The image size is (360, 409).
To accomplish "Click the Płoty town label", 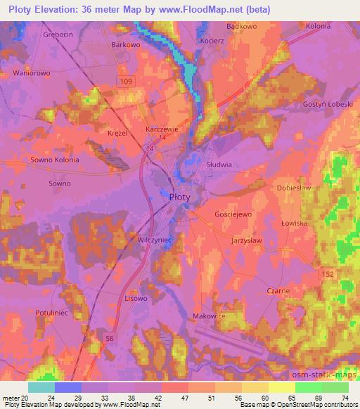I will pos(180,198).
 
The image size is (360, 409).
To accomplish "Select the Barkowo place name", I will pos(126,44).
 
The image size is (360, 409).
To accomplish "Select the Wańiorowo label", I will pos(32,72).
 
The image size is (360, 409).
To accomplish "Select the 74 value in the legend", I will pos(346,397).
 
